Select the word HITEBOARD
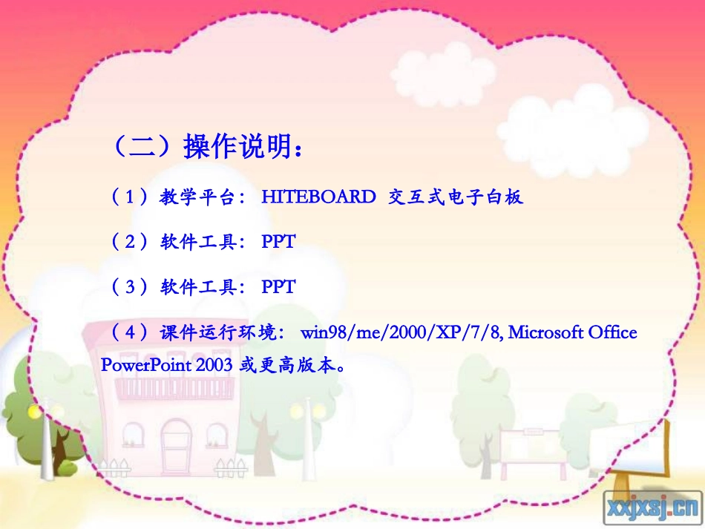pos(318,197)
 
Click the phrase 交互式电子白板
pos(456,197)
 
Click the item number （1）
pos(131,197)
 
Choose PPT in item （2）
pos(278,242)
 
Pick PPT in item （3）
pos(278,287)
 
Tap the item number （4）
pos(131,332)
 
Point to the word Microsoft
pos(546,332)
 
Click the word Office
pos(612,332)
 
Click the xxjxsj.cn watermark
pos(652,507)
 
